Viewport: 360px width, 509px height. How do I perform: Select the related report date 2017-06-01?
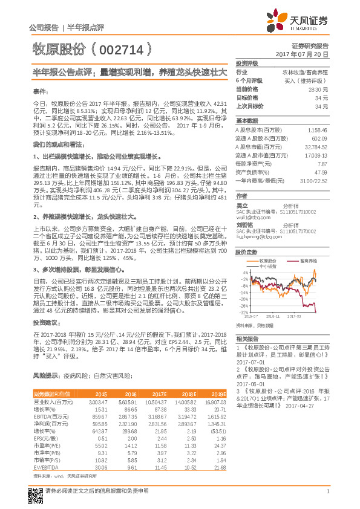click(251, 383)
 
